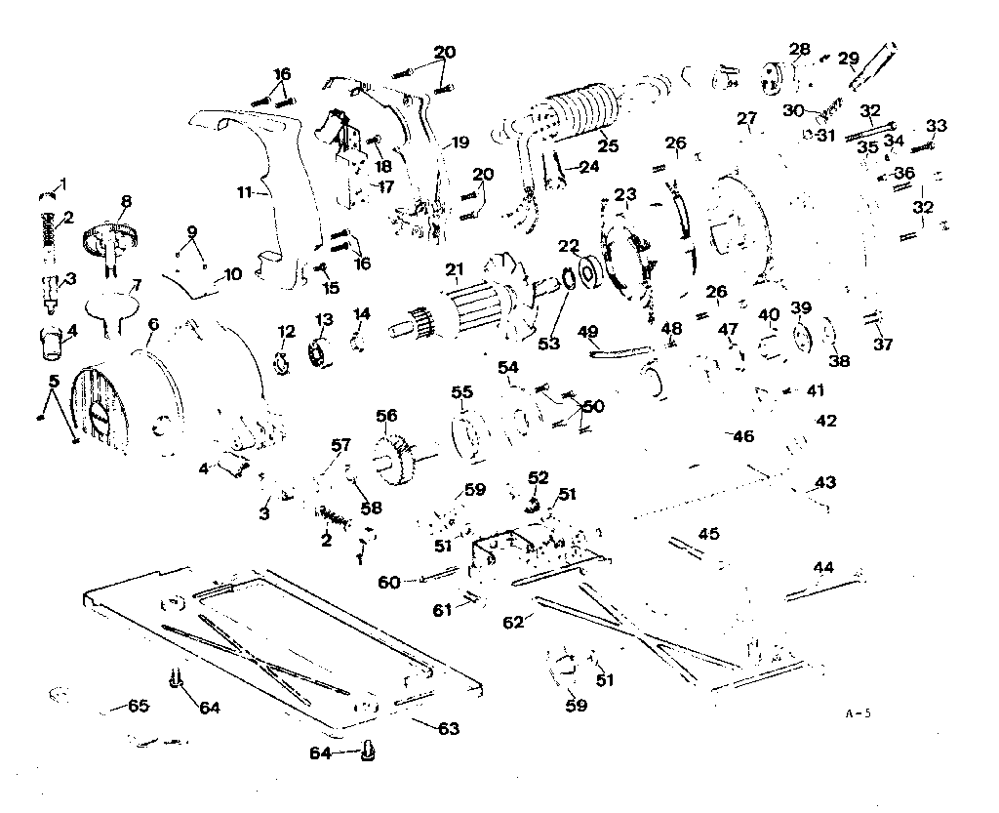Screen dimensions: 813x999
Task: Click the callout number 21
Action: tap(454, 269)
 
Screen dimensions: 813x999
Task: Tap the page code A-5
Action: tap(858, 713)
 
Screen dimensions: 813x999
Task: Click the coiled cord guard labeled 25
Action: tap(581, 116)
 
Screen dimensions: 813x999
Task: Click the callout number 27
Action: tap(747, 119)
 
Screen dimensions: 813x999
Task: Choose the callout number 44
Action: tap(824, 567)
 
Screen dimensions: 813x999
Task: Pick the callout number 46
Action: tap(743, 436)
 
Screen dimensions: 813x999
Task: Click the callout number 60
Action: tap(389, 582)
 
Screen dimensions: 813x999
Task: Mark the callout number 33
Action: tap(937, 126)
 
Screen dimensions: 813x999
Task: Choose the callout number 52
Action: tap(539, 477)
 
